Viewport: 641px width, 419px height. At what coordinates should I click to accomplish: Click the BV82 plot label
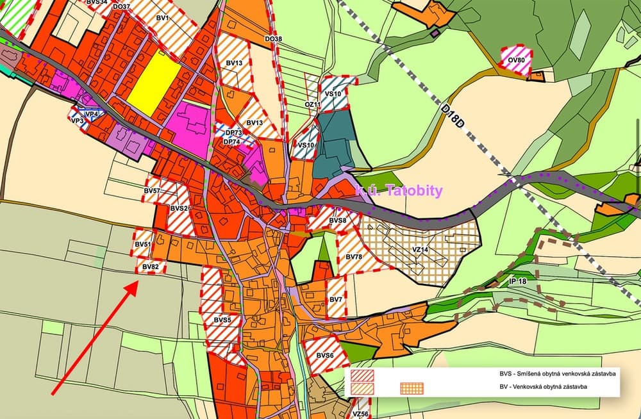[x=151, y=267]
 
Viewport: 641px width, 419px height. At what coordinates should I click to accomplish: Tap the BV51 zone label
[x=143, y=245]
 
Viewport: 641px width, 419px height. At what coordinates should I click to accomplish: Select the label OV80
[x=516, y=61]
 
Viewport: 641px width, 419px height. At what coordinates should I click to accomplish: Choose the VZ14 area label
[x=420, y=249]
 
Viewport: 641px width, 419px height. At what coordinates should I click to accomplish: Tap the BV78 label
[x=354, y=257]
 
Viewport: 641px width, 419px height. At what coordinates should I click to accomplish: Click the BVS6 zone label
[x=325, y=356]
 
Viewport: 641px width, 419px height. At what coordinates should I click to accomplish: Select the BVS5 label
[x=222, y=319]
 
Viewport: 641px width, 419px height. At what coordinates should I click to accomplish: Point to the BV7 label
[x=336, y=299]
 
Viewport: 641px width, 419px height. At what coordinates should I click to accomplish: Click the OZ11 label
[x=312, y=104]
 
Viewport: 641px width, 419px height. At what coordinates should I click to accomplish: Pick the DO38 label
[x=273, y=39]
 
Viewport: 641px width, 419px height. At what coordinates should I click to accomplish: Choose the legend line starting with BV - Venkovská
[x=545, y=387]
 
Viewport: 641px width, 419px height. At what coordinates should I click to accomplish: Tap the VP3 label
[x=78, y=120]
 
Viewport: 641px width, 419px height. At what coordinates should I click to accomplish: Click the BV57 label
[x=152, y=191]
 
